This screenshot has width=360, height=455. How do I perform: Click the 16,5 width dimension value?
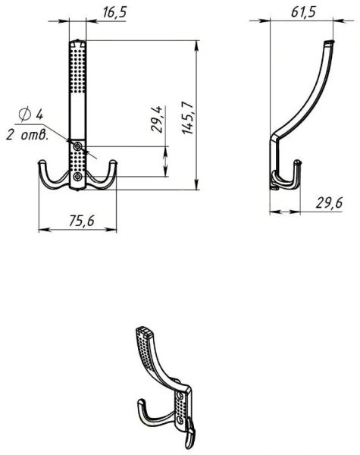(x=114, y=12)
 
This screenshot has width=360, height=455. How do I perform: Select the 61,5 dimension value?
(x=303, y=12)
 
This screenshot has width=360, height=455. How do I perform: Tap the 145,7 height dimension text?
(x=188, y=118)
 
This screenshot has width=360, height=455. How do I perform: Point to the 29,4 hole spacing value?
(x=157, y=119)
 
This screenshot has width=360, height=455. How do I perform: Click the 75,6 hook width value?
(x=82, y=221)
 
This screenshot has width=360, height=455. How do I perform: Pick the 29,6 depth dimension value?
(x=329, y=202)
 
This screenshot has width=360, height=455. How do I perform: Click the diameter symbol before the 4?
(x=25, y=114)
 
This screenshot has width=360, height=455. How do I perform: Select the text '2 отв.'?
(x=27, y=135)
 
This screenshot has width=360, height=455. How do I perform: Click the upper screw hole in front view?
(x=77, y=146)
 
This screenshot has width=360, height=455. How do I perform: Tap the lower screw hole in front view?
(x=77, y=177)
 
